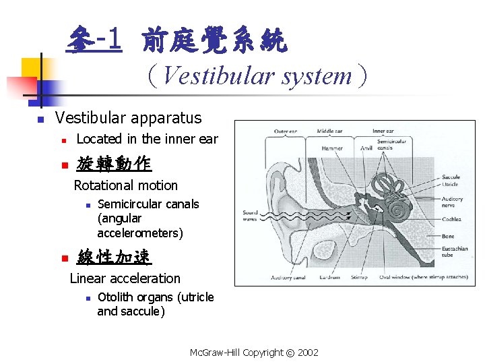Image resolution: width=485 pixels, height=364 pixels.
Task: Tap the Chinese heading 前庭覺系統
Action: [214, 41]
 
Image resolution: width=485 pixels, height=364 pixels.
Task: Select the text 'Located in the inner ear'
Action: [148, 139]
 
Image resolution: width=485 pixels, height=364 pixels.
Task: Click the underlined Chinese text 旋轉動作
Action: [114, 164]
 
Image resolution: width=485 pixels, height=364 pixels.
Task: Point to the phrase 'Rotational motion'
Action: [125, 185]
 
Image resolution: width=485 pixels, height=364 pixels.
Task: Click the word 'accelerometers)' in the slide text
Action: [140, 233]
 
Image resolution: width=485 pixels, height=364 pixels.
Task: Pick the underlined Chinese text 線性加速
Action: [114, 257]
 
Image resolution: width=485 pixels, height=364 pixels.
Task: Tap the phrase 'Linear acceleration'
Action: [125, 278]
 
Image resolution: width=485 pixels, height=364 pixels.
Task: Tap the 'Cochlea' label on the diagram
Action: [452, 219]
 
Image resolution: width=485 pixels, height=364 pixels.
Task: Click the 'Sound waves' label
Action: [250, 216]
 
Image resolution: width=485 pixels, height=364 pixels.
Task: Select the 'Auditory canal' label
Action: [290, 278]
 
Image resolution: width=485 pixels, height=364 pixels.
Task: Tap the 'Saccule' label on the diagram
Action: [451, 177]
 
